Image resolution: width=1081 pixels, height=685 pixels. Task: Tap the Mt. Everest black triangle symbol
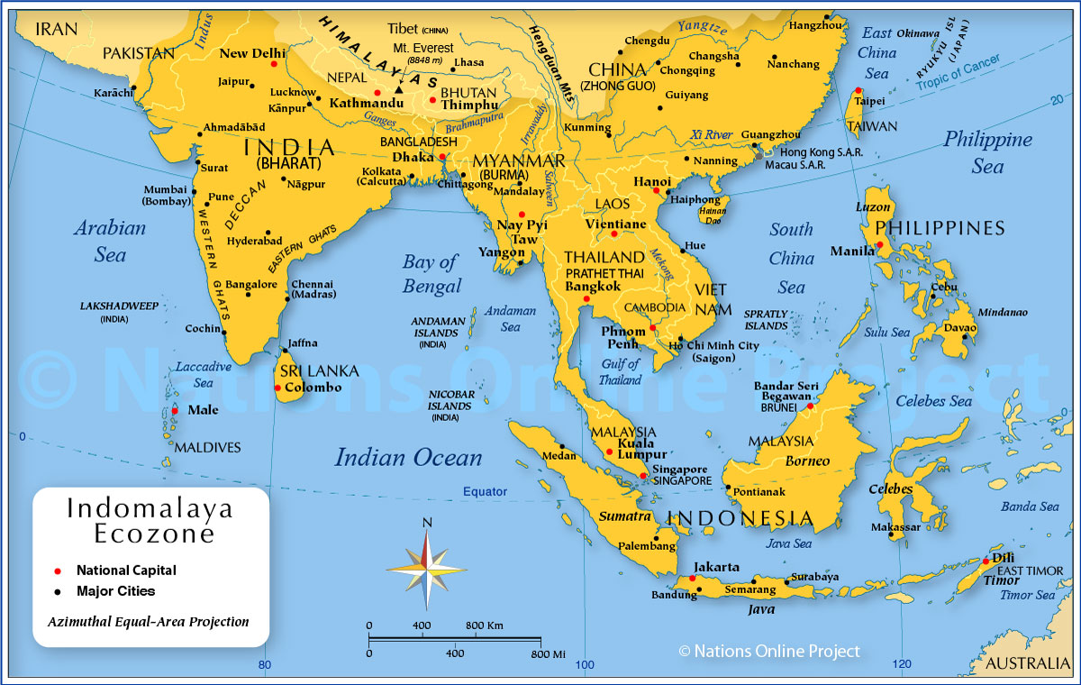[398, 90]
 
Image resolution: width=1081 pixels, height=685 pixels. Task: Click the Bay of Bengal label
[431, 274]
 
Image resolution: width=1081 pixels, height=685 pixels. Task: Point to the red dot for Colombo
[277, 388]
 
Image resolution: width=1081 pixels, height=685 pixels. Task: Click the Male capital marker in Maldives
[174, 410]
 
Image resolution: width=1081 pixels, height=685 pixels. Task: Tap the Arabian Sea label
[110, 241]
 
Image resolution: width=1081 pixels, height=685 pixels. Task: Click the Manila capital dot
[878, 244]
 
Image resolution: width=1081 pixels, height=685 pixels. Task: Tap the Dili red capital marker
[986, 561]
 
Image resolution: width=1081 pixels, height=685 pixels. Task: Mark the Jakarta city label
[718, 567]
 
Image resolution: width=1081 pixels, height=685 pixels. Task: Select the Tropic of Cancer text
[959, 75]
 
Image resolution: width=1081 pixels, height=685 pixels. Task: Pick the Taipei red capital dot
[858, 90]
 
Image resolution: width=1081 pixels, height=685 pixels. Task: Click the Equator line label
[485, 492]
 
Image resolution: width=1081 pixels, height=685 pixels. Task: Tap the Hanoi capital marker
[668, 191]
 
